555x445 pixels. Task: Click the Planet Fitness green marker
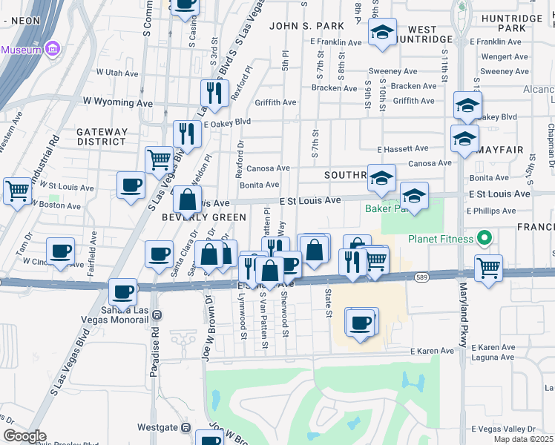[x=485, y=239]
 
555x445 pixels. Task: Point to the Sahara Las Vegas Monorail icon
[x=157, y=314]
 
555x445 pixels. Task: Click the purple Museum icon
[x=52, y=50]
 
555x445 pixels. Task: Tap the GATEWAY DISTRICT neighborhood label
[x=101, y=136]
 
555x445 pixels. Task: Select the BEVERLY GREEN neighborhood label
[x=204, y=217]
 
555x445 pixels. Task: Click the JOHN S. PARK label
[x=306, y=26]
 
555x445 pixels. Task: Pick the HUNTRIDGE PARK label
[x=512, y=22]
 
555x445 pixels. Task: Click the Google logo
[x=24, y=435]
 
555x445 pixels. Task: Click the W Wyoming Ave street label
[x=117, y=101]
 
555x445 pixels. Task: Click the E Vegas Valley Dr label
[x=504, y=429]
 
